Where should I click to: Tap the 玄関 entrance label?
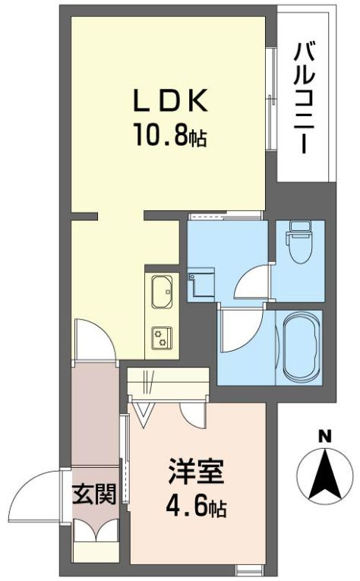[x=95, y=495]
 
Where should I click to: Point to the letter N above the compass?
[x=325, y=436]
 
